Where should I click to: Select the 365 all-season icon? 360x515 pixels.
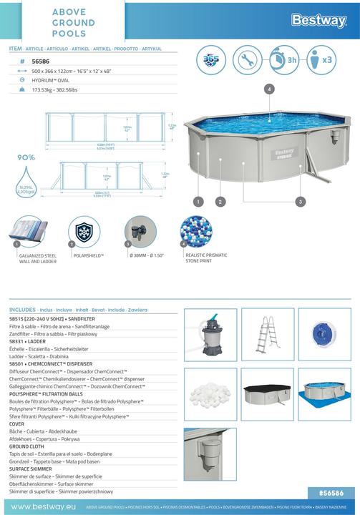212,60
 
